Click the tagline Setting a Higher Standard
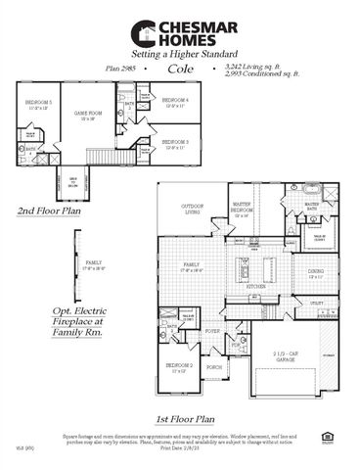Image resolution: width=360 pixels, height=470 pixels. click(179, 55)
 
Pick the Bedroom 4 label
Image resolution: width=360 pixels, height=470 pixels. click(174, 101)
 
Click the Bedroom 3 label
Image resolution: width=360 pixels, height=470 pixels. click(174, 143)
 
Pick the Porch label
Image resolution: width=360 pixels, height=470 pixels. click(214, 369)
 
